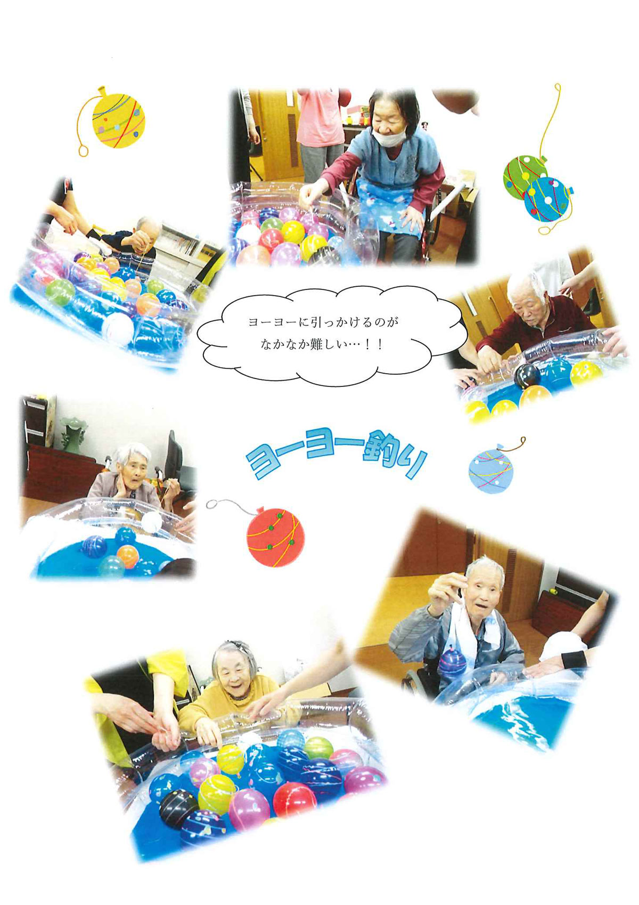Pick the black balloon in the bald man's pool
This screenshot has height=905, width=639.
tap(527, 376)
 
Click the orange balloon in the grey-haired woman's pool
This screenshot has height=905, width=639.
tap(128, 556)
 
